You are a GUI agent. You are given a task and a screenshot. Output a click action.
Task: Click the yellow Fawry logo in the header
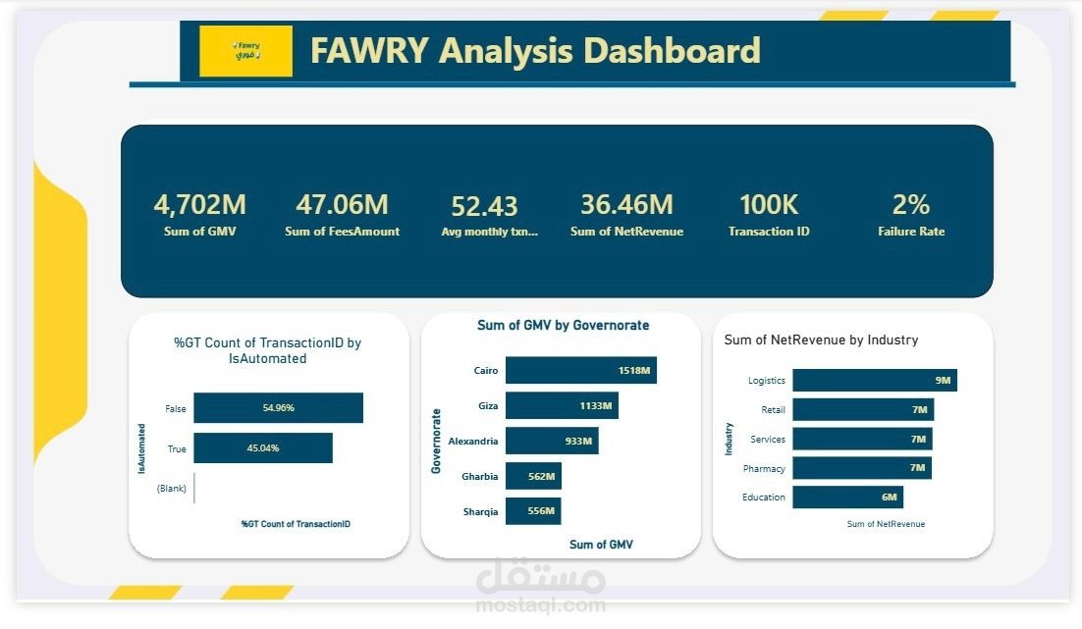245,51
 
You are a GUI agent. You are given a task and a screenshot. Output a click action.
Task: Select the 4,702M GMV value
199,204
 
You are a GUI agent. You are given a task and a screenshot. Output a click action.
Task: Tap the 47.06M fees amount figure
342,204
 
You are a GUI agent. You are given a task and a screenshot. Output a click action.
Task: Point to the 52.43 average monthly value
484,206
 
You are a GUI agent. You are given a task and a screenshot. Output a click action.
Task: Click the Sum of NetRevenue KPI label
626,232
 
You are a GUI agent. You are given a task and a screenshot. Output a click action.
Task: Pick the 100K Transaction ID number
769,204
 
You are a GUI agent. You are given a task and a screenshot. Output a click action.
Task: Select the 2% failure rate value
910,204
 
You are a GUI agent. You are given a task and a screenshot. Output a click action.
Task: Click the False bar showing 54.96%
278,407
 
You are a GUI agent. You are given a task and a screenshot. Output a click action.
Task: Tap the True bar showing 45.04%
263,448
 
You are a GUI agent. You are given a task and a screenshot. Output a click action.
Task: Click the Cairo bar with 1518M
580,370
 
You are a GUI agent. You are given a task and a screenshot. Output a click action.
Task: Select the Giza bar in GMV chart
562,405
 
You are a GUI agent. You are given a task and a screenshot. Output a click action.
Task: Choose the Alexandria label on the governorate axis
472,442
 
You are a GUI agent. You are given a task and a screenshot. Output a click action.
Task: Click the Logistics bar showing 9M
874,381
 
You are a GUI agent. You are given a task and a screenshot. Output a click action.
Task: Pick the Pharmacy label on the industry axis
764,468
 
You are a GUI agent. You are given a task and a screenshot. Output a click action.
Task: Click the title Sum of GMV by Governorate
563,325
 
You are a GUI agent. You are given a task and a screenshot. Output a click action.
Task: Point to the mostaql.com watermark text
541,605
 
